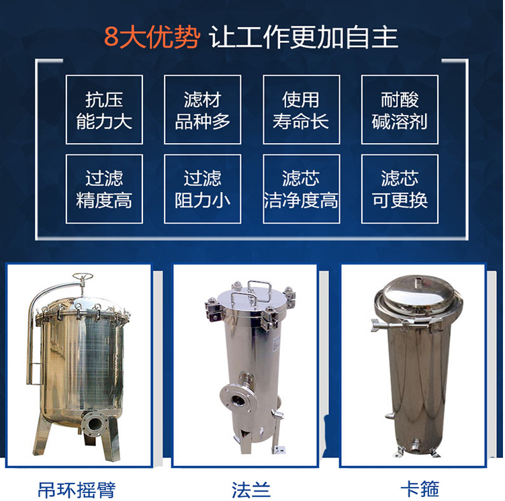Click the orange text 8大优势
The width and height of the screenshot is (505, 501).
[x=152, y=38]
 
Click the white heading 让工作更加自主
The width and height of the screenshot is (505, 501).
[x=304, y=38]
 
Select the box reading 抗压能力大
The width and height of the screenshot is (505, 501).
[x=104, y=109]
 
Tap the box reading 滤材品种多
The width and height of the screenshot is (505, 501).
[x=203, y=109]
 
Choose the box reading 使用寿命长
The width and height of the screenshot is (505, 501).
[x=302, y=109]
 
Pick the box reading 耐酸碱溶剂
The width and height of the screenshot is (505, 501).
[x=400, y=109]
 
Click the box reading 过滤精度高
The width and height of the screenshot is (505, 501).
[x=104, y=189]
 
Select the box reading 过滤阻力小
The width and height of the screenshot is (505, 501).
[x=203, y=189]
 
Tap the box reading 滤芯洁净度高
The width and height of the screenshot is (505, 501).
[x=302, y=189]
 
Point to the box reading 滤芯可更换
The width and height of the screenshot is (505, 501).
[x=400, y=189]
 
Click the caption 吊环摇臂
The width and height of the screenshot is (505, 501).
[x=77, y=490]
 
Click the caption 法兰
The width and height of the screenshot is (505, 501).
[x=251, y=490]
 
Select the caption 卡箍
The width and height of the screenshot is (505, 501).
[x=420, y=489]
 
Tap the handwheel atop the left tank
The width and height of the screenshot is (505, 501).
[x=83, y=277]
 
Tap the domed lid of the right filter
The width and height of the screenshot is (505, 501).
[x=416, y=294]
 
